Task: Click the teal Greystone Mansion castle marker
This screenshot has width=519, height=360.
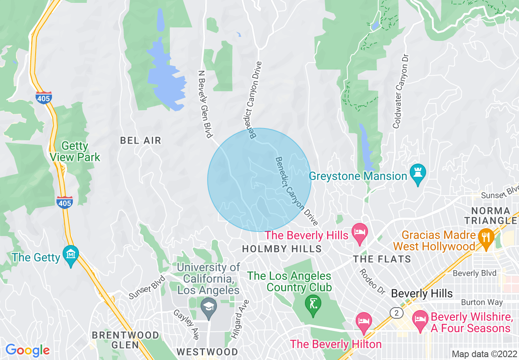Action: click(x=417, y=174)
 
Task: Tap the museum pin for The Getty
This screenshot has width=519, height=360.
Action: click(x=71, y=255)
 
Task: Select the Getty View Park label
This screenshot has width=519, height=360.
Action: click(x=75, y=151)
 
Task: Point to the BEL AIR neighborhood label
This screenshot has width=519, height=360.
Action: click(x=140, y=141)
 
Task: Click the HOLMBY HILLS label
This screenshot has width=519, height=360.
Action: click(x=282, y=249)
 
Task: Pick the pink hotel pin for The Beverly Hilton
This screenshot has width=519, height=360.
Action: click(x=363, y=320)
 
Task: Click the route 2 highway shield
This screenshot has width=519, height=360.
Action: click(x=396, y=313)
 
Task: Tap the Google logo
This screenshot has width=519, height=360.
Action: click(x=27, y=350)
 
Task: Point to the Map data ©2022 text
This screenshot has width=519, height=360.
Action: click(x=483, y=354)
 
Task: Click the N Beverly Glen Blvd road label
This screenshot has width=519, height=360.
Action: click(x=205, y=103)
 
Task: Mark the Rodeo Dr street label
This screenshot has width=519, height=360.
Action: click(x=372, y=281)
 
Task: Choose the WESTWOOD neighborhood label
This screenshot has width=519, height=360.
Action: click(x=207, y=352)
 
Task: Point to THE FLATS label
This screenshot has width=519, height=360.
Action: click(x=382, y=259)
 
